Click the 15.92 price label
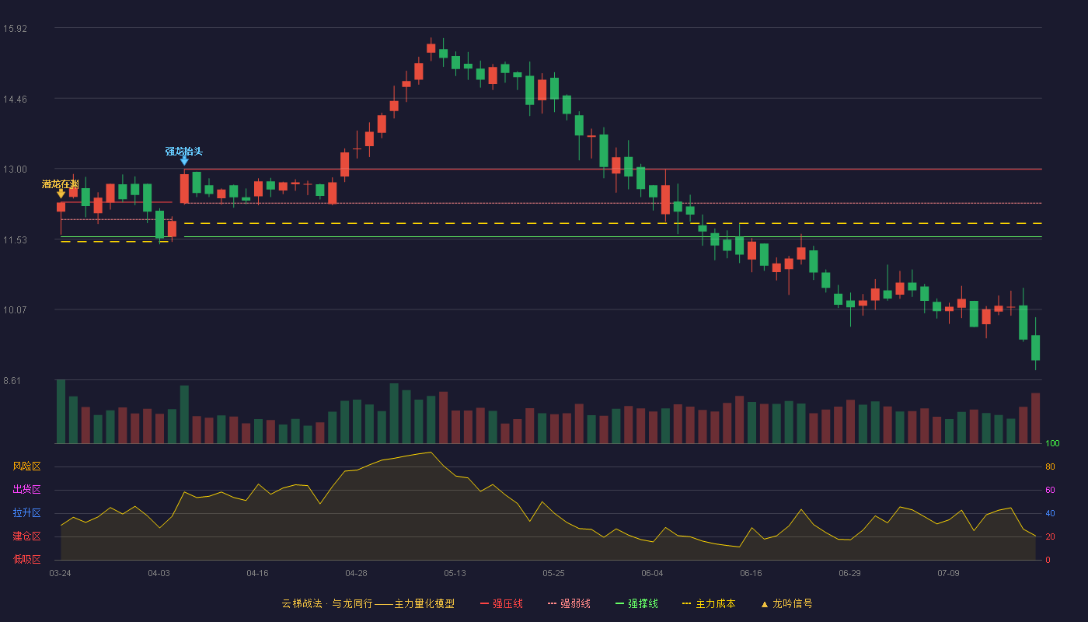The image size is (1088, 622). point(15,28)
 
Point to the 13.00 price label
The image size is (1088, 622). point(15,169)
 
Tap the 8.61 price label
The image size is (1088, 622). point(12,380)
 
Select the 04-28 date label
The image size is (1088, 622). point(356,574)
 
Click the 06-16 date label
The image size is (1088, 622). point(751,574)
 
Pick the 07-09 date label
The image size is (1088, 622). point(948,574)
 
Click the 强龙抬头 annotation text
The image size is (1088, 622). point(183,151)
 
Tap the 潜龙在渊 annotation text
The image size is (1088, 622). point(61,184)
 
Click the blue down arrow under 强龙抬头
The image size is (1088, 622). point(185,161)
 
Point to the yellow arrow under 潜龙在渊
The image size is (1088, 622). point(61,194)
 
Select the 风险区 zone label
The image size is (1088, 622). point(26,466)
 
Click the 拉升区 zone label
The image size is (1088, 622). point(26,512)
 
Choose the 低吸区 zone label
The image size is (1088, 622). point(26,559)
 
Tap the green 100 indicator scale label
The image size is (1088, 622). point(1052,443)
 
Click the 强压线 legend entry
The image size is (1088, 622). point(501,603)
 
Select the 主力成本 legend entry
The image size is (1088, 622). point(709,603)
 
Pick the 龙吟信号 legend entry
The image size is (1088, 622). point(786,603)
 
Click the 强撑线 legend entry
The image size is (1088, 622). point(636,603)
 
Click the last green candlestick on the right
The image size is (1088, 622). point(1035,348)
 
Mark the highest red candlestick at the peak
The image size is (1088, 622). point(431,48)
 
